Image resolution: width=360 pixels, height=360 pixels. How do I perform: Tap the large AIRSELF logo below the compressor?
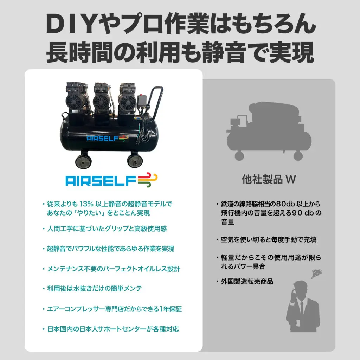111,180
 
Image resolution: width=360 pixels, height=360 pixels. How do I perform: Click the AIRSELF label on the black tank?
107,138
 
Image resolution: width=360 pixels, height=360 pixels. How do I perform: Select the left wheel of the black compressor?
83,160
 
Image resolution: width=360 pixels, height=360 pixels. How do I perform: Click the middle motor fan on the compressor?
101,103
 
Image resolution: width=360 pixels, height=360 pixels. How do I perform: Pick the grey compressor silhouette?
269,131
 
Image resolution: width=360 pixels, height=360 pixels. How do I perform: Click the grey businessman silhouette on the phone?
303,307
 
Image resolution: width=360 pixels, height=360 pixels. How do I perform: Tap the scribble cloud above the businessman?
316,274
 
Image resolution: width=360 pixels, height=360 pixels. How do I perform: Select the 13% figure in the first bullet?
86,204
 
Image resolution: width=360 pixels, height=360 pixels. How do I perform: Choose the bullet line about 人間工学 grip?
107,229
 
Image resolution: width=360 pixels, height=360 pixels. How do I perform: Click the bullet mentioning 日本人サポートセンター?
113,329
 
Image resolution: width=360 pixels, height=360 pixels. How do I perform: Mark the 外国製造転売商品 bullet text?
247,282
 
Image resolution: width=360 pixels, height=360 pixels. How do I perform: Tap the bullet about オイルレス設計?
114,269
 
